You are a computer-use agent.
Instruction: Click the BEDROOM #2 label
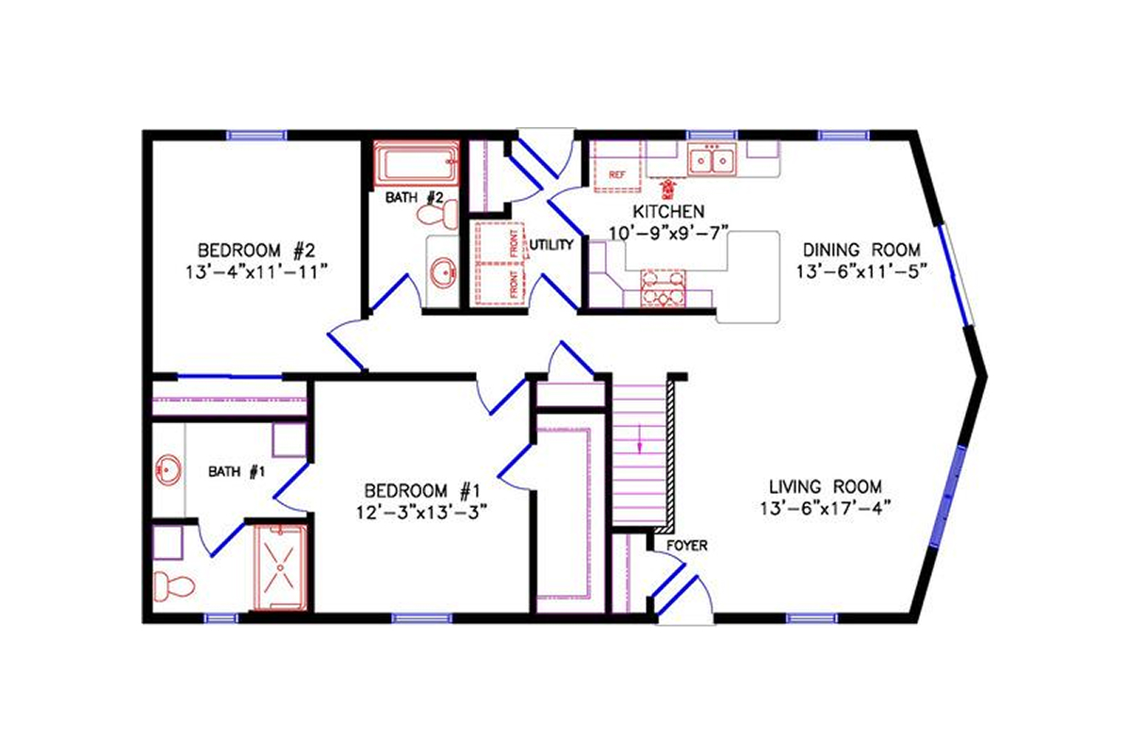254,251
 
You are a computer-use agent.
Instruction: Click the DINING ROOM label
861,251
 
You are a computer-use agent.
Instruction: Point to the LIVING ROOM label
825,487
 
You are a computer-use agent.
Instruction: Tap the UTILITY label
551,245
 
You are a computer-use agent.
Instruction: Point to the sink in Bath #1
169,469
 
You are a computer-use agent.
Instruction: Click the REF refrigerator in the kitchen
618,170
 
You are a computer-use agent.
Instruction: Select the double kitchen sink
712,162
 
